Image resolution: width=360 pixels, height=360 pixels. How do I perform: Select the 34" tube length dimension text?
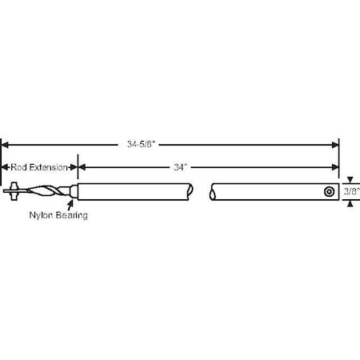point(181,167)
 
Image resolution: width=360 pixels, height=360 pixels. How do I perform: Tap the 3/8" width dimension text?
point(350,192)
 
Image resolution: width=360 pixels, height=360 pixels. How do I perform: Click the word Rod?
point(19,167)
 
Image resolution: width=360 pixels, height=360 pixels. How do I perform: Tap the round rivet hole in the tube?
point(329,192)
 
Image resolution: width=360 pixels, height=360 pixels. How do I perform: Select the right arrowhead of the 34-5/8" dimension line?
point(335,145)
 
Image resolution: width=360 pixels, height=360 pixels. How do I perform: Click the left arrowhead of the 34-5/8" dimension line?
point(5,145)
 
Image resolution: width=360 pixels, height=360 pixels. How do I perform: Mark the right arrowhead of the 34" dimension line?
point(335,167)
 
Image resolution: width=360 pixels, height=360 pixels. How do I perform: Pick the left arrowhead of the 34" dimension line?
point(82,167)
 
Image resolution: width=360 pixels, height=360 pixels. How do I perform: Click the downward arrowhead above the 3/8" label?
point(350,181)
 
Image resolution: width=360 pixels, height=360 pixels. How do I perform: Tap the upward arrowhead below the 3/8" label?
point(350,203)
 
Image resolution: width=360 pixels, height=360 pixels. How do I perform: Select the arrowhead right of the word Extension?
point(74,167)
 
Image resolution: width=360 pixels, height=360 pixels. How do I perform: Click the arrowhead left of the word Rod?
point(4,167)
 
